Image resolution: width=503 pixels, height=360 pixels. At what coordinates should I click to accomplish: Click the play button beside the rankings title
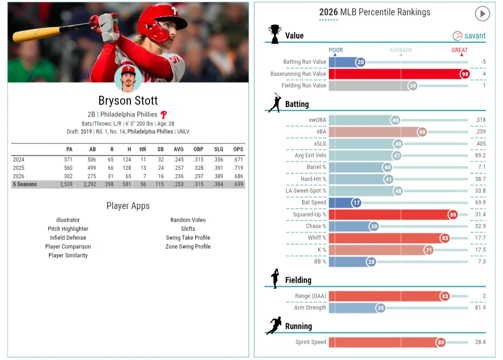[x=482, y=14]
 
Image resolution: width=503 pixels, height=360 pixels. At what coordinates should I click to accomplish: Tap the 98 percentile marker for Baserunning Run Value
[x=464, y=74]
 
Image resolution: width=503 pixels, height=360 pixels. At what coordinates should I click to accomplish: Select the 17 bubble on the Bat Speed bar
[x=356, y=203]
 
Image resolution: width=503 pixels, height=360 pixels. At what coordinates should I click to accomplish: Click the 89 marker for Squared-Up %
[x=453, y=215]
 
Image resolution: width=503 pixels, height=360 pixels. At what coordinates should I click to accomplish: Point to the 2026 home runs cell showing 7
[x=145, y=176]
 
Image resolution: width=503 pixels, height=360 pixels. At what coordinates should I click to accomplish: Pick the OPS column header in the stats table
[x=238, y=149]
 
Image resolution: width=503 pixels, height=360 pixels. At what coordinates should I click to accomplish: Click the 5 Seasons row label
[x=25, y=184]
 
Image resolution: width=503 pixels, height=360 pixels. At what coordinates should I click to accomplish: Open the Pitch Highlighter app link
[x=68, y=229]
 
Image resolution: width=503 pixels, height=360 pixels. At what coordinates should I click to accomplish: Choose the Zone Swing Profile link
[x=188, y=246]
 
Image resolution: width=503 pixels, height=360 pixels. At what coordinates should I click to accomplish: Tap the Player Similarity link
[x=68, y=255]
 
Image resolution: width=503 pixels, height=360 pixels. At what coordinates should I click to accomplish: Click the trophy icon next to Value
[x=275, y=34]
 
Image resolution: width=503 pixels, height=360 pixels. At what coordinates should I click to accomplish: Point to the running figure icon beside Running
[x=274, y=326]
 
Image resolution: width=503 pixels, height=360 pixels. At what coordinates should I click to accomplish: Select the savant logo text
[x=475, y=36]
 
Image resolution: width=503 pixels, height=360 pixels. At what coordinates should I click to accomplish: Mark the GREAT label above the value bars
[x=459, y=50]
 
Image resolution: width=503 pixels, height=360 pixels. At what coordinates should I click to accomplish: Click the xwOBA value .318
[x=480, y=120]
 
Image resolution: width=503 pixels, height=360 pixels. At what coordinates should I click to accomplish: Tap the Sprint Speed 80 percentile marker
[x=441, y=342]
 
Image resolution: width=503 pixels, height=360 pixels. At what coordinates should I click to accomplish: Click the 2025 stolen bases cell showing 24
[x=161, y=168]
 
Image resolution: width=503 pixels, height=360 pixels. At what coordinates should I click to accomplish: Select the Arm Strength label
[x=310, y=307]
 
